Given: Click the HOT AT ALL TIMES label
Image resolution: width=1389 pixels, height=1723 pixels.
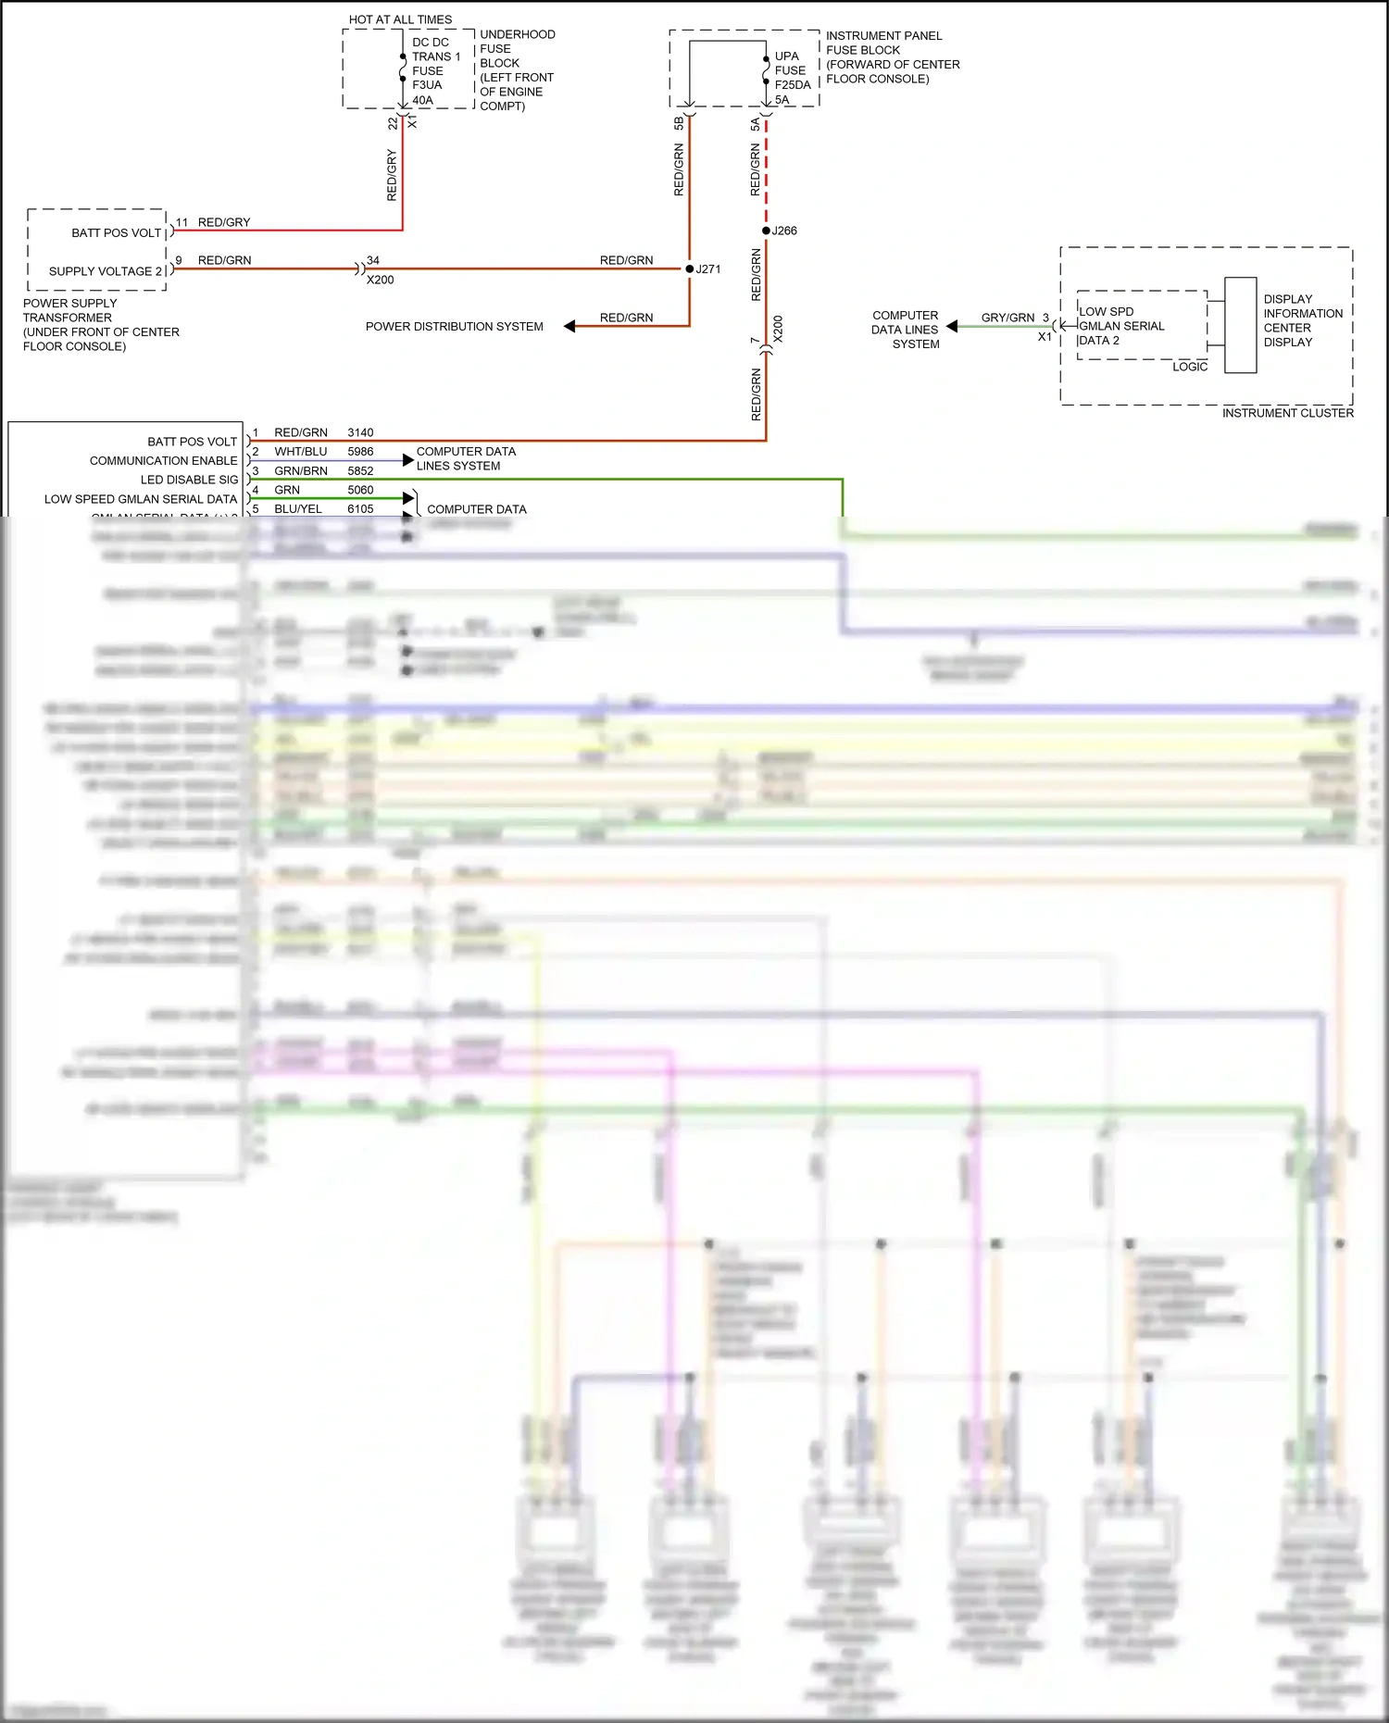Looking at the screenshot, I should [x=400, y=19].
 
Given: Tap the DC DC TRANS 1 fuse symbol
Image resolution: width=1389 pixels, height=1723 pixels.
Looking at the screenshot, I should [x=403, y=69].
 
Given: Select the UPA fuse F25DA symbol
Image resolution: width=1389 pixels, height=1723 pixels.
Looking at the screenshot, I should [x=766, y=70].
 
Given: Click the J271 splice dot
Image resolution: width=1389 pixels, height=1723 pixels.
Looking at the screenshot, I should [x=689, y=269].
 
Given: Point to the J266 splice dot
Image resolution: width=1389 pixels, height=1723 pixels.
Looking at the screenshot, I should [x=766, y=231].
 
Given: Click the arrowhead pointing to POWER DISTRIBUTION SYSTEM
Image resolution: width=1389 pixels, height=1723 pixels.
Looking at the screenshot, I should [x=569, y=326].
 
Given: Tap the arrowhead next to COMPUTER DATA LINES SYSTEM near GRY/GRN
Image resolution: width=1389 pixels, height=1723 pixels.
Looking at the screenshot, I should [x=952, y=326].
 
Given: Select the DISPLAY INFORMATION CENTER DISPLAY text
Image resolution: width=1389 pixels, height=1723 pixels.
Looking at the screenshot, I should [x=1302, y=320].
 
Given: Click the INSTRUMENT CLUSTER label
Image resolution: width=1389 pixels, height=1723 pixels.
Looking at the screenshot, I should [x=1287, y=413].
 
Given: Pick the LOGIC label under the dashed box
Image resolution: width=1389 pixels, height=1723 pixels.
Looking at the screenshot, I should [x=1189, y=367].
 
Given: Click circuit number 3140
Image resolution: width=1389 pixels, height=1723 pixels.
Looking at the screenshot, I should [x=360, y=432].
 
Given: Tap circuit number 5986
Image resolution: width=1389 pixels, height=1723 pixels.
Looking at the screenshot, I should [x=360, y=452].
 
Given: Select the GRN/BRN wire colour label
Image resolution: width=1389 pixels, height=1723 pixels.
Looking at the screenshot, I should [x=300, y=471].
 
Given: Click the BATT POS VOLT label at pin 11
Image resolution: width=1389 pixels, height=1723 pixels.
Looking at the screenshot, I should [x=117, y=233].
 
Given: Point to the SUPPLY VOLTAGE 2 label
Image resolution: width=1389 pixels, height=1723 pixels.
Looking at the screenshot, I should [x=106, y=271].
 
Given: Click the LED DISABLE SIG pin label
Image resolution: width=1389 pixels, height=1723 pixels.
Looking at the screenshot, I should [x=189, y=480].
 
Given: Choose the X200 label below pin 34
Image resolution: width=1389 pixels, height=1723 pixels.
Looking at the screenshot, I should [x=380, y=280].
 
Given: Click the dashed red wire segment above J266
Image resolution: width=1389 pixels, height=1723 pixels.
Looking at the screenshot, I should [x=766, y=176].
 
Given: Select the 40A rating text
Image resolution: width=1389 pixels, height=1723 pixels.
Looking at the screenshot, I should [x=422, y=100].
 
